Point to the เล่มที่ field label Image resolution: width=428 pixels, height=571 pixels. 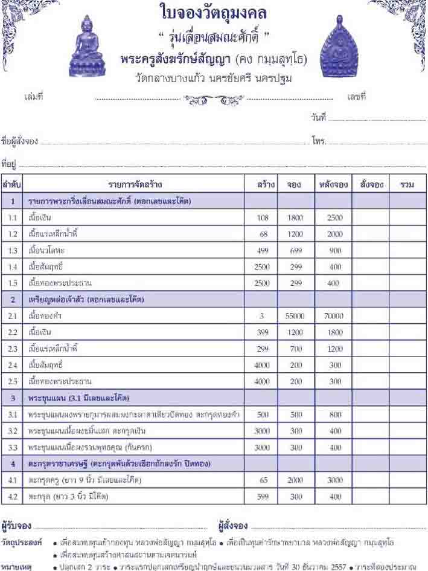tap(33, 97)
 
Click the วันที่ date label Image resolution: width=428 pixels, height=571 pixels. tap(318, 117)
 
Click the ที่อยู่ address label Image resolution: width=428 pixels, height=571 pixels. tap(8, 164)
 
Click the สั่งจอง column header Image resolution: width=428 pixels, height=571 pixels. tap(370, 185)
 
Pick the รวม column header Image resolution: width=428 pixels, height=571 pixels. tap(406, 185)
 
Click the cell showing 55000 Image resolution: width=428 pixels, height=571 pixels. tap(295, 316)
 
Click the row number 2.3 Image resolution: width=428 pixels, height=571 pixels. tap(13, 349)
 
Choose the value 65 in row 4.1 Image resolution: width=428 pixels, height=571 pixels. tap(262, 480)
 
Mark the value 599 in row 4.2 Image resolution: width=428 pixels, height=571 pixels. tap(262, 496)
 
